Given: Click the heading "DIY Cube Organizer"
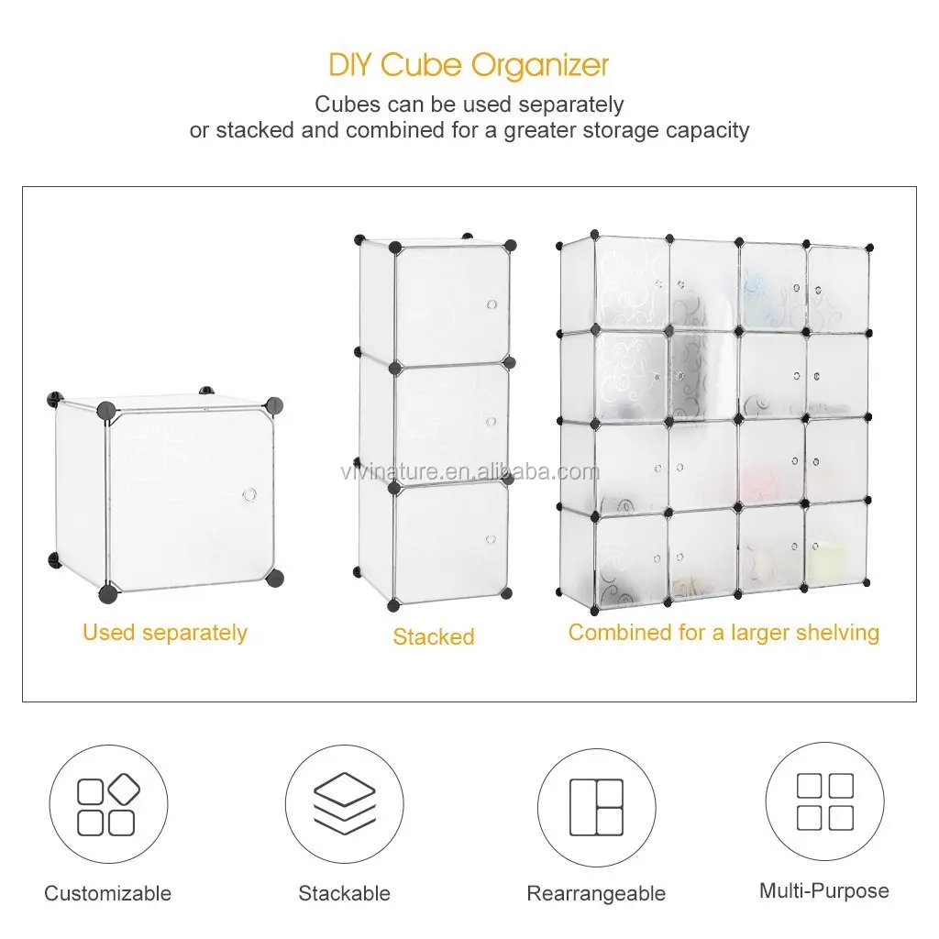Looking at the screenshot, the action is [469, 65].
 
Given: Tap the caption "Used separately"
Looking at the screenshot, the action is [165, 633].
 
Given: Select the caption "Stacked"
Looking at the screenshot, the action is [434, 636].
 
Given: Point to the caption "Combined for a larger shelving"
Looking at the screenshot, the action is [724, 633].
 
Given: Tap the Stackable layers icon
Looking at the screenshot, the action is [345, 802].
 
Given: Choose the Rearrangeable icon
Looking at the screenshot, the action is [596, 807].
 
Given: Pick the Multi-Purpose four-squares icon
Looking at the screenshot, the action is [825, 801].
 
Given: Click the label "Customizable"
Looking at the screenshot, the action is [108, 893].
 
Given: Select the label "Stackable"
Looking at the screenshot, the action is [345, 893].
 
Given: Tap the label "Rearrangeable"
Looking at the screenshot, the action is [596, 893].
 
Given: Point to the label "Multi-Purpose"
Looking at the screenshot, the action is [824, 890].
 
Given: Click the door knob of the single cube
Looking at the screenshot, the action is [249, 495].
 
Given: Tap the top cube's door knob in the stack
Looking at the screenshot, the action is [492, 304].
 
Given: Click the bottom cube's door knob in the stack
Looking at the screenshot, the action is [491, 539].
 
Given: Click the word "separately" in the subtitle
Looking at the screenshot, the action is [571, 105].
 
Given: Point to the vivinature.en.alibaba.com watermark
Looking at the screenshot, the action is [470, 472].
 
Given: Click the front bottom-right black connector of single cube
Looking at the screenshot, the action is [275, 578].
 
